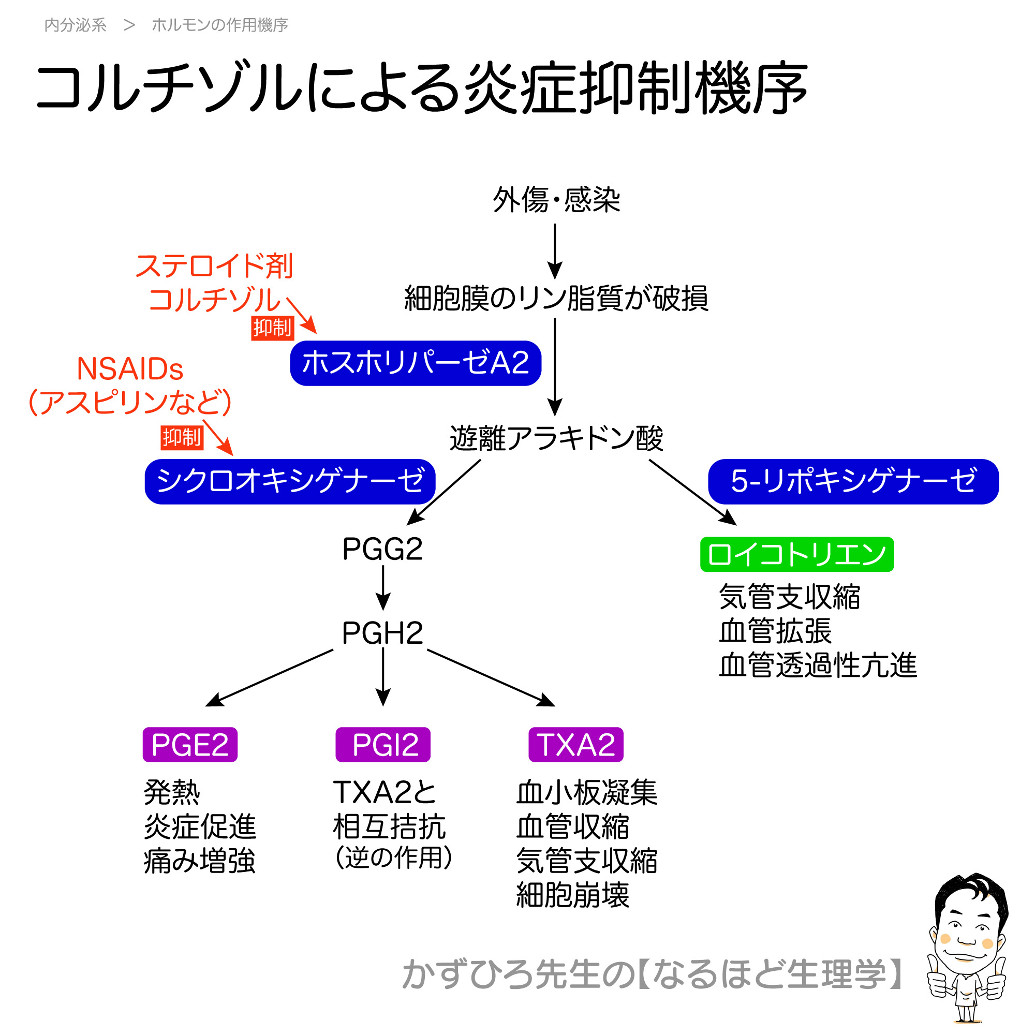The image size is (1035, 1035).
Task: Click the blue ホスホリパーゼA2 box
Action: [x=415, y=363]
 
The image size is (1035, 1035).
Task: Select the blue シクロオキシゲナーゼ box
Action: [x=290, y=481]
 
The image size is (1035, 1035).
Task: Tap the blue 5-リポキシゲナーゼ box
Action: [x=853, y=481]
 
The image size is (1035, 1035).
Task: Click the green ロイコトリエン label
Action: [x=796, y=554]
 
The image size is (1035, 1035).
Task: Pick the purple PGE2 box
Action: [x=189, y=745]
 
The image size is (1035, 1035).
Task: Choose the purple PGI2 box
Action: [x=382, y=745]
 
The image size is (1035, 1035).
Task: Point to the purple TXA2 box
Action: [x=576, y=745]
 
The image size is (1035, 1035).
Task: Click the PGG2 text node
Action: [x=382, y=549]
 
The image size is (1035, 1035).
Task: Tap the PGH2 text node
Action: [x=382, y=633]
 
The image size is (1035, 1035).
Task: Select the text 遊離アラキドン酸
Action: [x=556, y=438]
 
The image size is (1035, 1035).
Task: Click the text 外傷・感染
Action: [x=556, y=200]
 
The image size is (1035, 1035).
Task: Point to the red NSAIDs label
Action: [x=130, y=369]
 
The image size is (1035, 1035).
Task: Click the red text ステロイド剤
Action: [x=214, y=266]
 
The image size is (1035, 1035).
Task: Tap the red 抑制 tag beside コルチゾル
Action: [x=272, y=328]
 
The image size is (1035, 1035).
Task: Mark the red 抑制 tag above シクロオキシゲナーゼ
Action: [x=182, y=438]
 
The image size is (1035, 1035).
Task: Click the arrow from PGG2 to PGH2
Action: [x=383, y=588]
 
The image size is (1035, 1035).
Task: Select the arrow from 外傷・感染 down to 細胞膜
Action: [x=555, y=250]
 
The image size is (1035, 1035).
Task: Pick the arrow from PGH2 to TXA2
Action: [x=490, y=678]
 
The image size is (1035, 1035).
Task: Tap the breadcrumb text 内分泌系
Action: [x=76, y=25]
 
